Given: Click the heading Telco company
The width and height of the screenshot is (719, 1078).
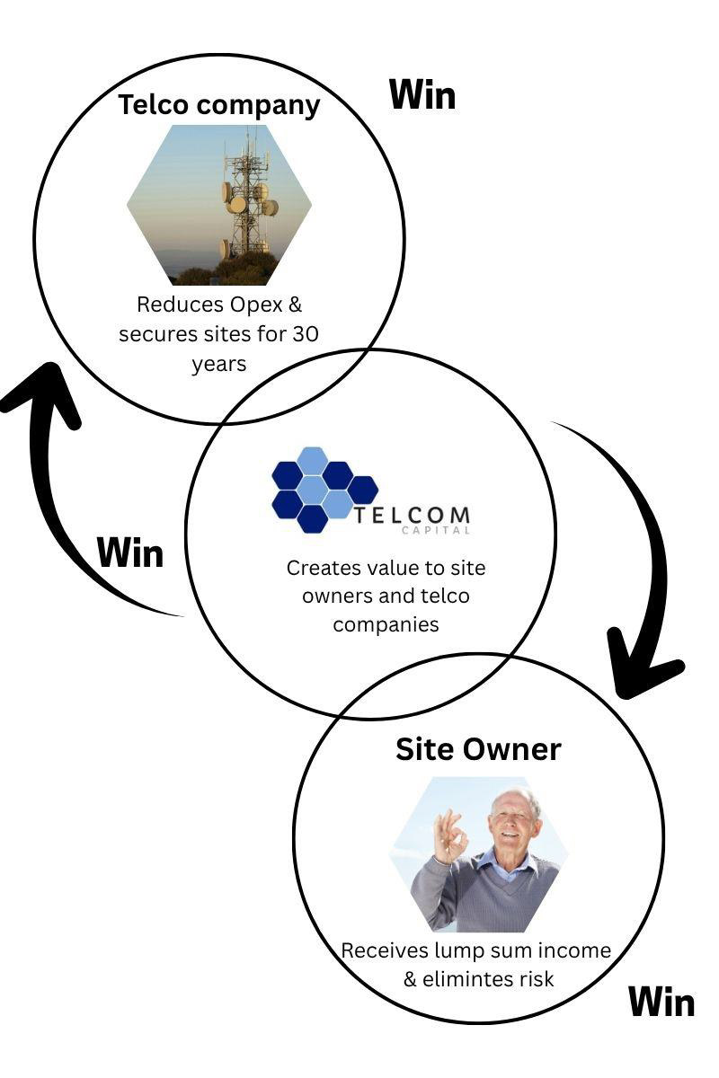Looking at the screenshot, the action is click(x=218, y=105).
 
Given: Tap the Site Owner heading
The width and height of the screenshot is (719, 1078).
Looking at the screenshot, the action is click(x=478, y=750).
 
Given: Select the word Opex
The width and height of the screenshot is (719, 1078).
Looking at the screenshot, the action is click(x=255, y=305).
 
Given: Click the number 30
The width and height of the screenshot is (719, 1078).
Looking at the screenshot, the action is click(x=306, y=334).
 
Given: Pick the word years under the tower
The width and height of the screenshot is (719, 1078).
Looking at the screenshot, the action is click(x=219, y=365).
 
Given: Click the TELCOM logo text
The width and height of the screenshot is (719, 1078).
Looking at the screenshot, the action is click(x=412, y=515).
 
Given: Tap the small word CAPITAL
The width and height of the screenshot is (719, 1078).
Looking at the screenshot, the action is click(x=436, y=531).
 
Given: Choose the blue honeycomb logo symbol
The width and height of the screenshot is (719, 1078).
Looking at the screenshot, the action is click(x=324, y=490).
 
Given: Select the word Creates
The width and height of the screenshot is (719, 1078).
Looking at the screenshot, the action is click(x=324, y=568).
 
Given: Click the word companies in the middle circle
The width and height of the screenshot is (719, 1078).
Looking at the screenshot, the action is click(x=386, y=624).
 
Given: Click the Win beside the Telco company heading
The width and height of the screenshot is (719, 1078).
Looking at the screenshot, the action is click(x=422, y=95).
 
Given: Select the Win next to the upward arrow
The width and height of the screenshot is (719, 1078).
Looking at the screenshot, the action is click(x=130, y=552).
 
